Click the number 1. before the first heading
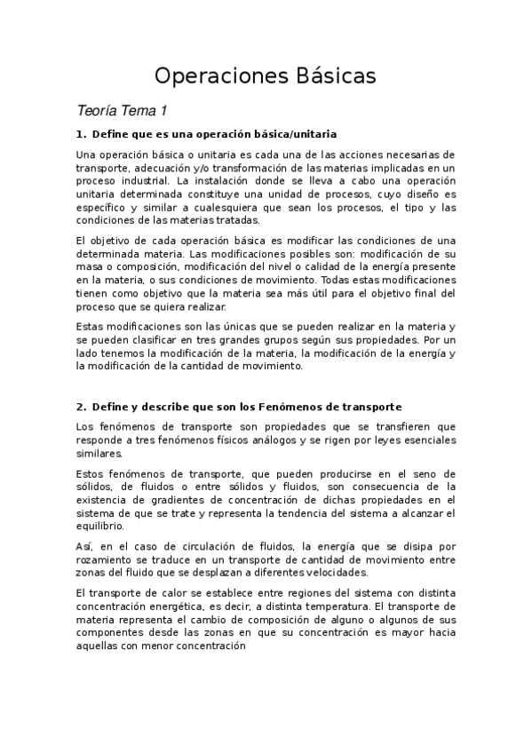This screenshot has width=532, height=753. click(81, 134)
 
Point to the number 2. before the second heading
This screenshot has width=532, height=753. click(81, 407)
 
